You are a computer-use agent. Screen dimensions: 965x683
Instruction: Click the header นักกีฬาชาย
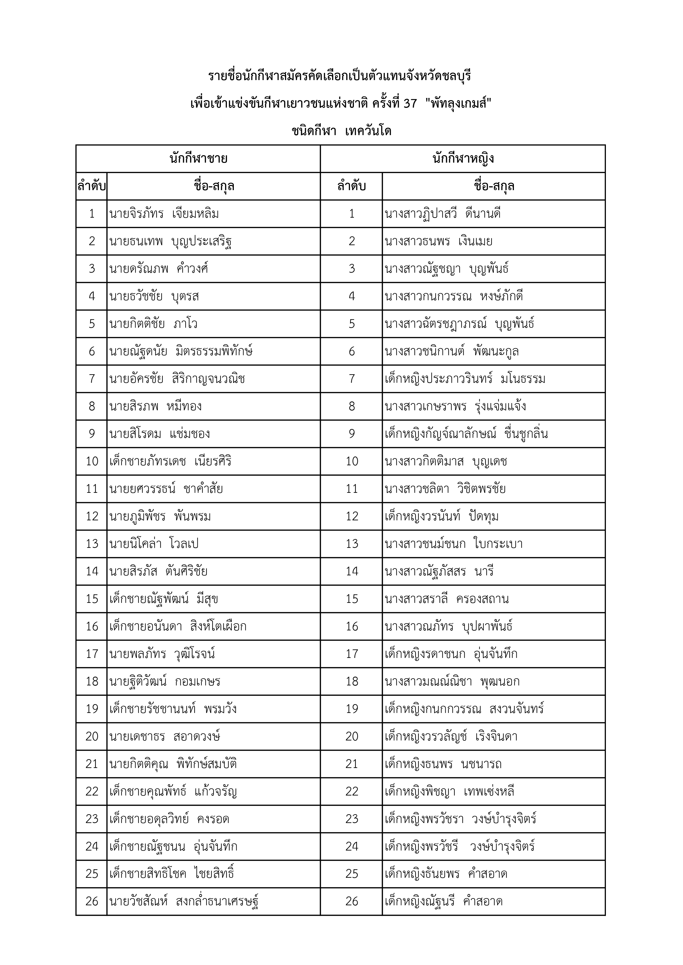(x=199, y=158)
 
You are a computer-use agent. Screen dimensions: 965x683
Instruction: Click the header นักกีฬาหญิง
(x=463, y=158)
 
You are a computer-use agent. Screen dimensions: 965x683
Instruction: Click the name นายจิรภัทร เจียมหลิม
(x=164, y=214)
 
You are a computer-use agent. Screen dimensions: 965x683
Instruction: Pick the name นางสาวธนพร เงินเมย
(x=438, y=241)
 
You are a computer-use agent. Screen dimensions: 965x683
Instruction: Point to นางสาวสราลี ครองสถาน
(x=446, y=598)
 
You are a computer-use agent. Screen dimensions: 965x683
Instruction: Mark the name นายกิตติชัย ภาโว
(x=153, y=324)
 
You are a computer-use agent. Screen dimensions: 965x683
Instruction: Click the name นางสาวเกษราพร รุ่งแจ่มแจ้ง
(x=455, y=406)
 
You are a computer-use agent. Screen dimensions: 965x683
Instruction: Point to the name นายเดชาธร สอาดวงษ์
(x=164, y=736)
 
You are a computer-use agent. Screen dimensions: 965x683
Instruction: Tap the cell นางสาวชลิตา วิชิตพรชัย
(x=445, y=488)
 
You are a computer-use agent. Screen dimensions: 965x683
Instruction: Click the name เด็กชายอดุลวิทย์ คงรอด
(x=169, y=819)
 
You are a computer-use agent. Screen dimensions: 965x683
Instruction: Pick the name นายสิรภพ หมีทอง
(x=155, y=406)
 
